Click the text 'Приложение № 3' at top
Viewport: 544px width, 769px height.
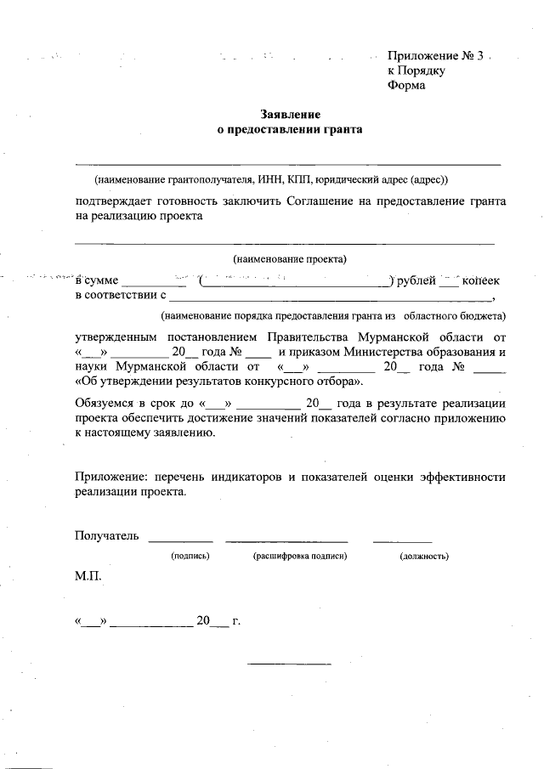(434, 56)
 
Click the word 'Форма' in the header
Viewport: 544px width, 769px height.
(404, 85)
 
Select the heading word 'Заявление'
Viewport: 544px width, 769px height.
(291, 115)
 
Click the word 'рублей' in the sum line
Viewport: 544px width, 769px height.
(414, 280)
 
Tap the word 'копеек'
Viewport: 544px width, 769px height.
(480, 280)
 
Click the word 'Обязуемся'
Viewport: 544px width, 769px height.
(103, 404)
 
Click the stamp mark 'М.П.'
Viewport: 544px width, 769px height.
(88, 576)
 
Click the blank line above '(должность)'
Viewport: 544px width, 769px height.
(403, 541)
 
